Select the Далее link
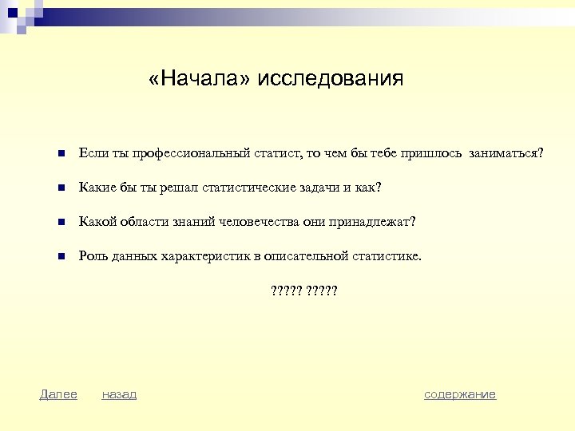58,394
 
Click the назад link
119,394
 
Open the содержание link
460,394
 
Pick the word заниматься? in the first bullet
506,153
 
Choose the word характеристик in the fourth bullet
205,256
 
